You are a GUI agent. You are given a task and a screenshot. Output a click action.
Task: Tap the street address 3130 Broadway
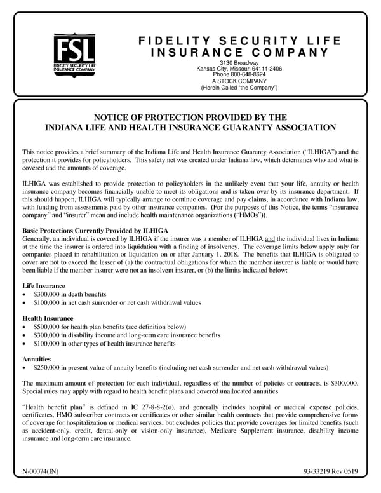click(x=239, y=63)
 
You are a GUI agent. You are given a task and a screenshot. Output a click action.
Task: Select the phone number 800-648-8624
click(x=247, y=75)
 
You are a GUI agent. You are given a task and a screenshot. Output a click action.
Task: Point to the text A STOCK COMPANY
click(x=239, y=81)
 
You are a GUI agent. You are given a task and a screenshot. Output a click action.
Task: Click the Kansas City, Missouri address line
click(x=239, y=69)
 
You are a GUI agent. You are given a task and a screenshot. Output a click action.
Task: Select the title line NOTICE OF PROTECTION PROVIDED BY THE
click(x=190, y=118)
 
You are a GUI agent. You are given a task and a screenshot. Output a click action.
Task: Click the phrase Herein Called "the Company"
click(x=239, y=88)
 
